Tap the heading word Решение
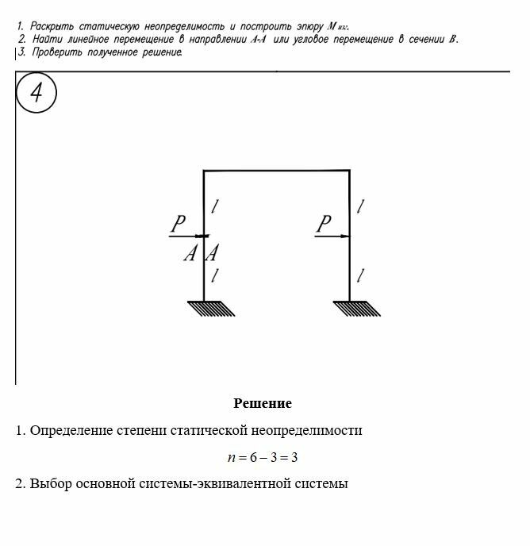[263, 403]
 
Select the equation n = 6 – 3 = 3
[262, 457]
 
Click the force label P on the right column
[324, 225]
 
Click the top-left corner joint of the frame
[204, 171]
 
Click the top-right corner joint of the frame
[350, 171]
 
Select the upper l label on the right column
[362, 206]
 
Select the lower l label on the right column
[362, 275]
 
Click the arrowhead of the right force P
[345, 236]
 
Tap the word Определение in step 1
[71, 431]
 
